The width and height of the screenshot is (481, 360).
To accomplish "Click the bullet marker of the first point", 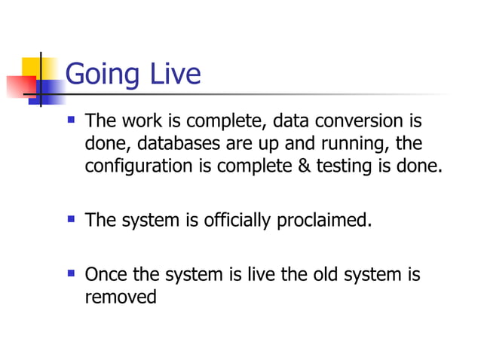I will point(71,120).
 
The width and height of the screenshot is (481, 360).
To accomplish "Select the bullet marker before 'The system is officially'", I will point(71,220).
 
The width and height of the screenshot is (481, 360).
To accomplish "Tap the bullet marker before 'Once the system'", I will point(71,274).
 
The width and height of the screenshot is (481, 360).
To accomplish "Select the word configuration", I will point(139,166).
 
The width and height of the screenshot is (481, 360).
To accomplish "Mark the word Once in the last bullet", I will point(105,275).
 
